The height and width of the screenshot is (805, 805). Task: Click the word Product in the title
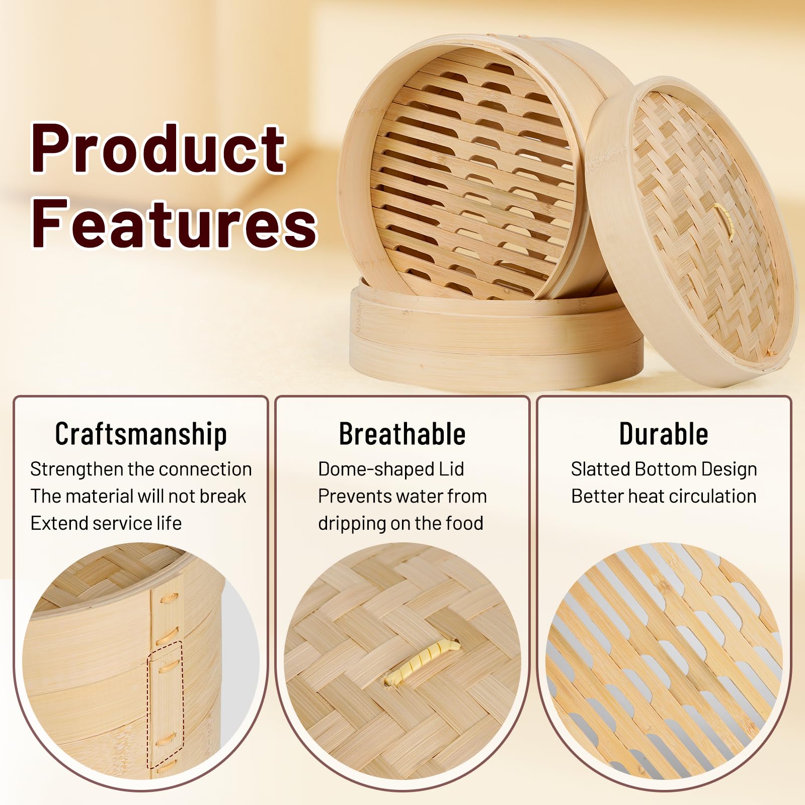pyautogui.click(x=159, y=149)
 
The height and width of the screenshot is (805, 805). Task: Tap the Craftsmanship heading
pyautogui.click(x=141, y=434)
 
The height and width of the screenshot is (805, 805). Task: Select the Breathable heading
pyautogui.click(x=402, y=434)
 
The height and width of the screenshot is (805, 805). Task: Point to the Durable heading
pyautogui.click(x=664, y=434)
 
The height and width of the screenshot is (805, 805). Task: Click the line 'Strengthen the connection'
pyautogui.click(x=141, y=469)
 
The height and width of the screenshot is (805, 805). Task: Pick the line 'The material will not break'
pyautogui.click(x=138, y=496)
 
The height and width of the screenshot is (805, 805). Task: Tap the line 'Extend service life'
pyautogui.click(x=106, y=523)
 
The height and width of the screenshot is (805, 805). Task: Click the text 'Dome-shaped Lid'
pyautogui.click(x=391, y=469)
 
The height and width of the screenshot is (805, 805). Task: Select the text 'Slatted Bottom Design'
pyautogui.click(x=664, y=469)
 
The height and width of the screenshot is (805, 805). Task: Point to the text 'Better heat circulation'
pyautogui.click(x=664, y=496)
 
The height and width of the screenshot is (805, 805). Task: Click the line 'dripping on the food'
pyautogui.click(x=400, y=523)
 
